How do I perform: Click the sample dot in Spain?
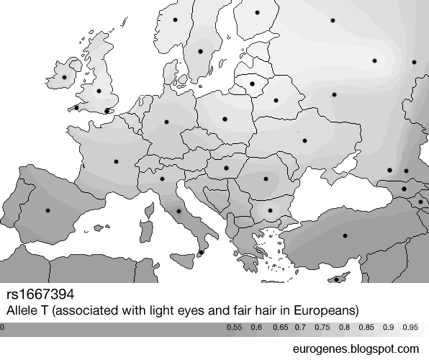[x=48, y=210]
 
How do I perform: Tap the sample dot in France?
[x=116, y=162]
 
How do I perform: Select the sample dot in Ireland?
[x=64, y=77]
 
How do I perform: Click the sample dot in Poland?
[x=224, y=118]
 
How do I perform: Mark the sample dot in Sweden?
[x=201, y=50]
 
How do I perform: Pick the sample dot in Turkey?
[x=344, y=236]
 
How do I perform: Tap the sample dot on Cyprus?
[x=336, y=279]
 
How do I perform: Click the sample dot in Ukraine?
[x=304, y=141]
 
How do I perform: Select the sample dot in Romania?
[x=266, y=179]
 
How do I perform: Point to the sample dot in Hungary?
[x=226, y=168]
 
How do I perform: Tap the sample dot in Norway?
[x=175, y=20]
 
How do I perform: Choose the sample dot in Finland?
[x=257, y=13]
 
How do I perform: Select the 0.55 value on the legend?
[x=233, y=328]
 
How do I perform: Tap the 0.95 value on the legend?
[x=411, y=328]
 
